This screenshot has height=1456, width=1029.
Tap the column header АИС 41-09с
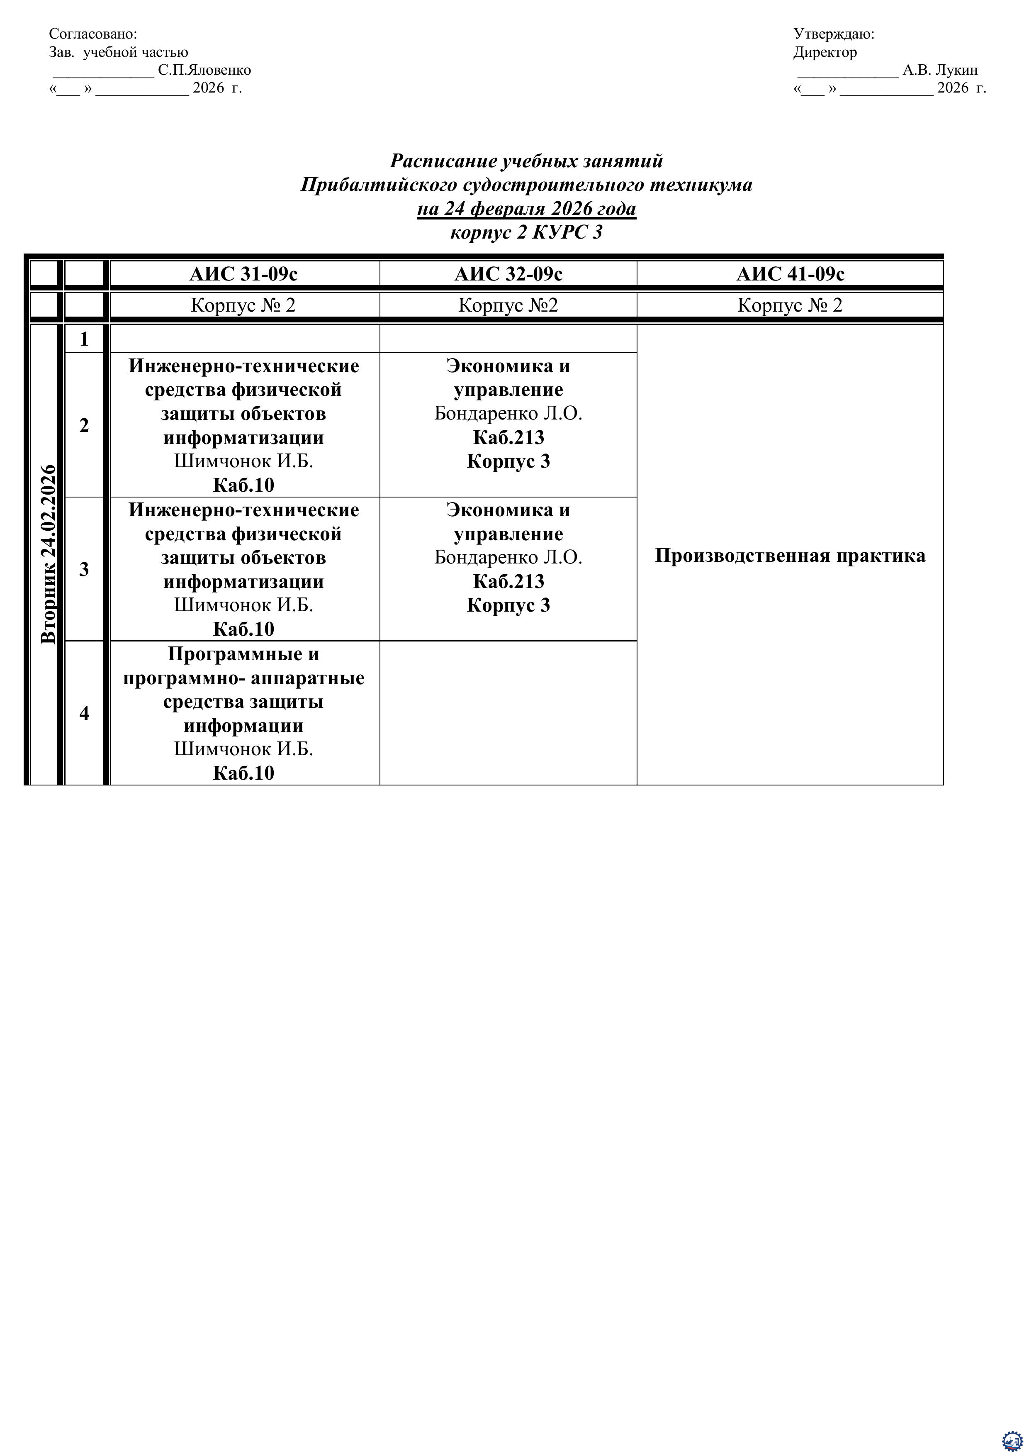pyautogui.click(x=790, y=274)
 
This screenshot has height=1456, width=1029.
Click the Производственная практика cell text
pyautogui.click(x=790, y=556)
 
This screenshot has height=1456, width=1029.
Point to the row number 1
pyautogui.click(x=84, y=339)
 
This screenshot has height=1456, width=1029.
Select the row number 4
pyautogui.click(x=84, y=713)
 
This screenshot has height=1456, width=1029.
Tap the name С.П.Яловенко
pyautogui.click(x=204, y=70)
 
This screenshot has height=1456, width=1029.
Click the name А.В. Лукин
pyautogui.click(x=939, y=70)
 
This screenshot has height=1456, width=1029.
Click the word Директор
pyautogui.click(x=825, y=52)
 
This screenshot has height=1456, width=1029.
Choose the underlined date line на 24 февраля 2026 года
pyautogui.click(x=526, y=209)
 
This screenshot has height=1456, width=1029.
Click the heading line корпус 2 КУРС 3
pyautogui.click(x=526, y=232)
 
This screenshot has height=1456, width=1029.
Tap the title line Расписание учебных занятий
pyautogui.click(x=526, y=161)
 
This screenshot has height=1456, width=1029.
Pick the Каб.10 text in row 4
pyautogui.click(x=243, y=773)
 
